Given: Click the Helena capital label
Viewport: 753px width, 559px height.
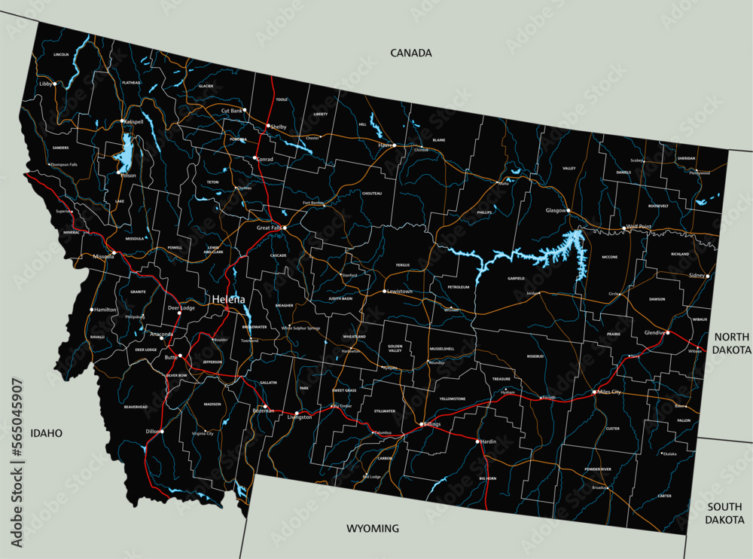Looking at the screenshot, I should tap(228, 299).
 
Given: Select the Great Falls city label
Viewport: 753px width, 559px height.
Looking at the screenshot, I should tap(269, 228).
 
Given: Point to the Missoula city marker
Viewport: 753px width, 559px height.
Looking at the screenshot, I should tap(114, 253).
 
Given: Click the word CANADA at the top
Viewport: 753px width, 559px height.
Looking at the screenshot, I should tap(411, 53).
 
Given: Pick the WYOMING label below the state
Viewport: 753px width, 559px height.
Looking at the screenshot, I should tap(372, 528).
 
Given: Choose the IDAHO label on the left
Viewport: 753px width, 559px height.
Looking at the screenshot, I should tap(46, 433).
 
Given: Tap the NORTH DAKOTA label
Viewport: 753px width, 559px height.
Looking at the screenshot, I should tap(733, 344).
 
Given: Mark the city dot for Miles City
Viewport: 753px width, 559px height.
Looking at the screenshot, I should tap(594, 392).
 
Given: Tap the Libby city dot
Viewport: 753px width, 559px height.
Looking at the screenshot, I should tap(54, 84).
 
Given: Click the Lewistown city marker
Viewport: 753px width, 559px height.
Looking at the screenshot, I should tap(384, 291).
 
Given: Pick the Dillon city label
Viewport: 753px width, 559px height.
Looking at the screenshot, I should tap(152, 432).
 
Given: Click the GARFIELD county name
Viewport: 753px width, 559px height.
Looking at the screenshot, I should tap(516, 278).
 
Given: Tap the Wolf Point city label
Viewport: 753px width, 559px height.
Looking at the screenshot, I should tap(638, 227).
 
